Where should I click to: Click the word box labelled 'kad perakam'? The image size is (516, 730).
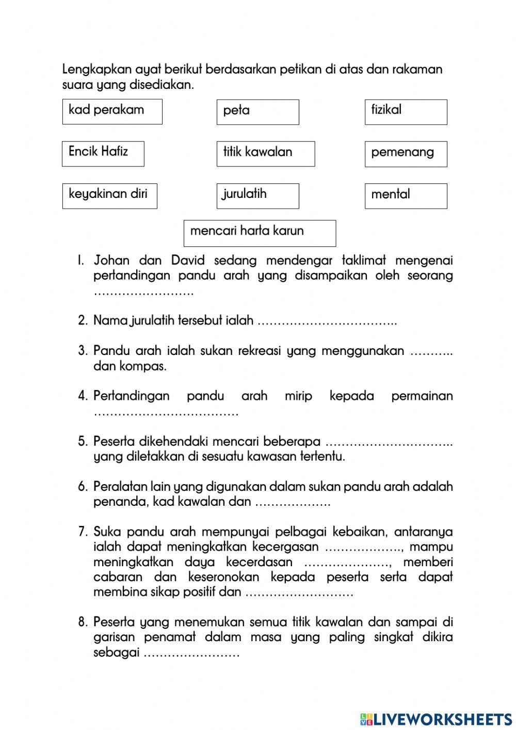point(112,112)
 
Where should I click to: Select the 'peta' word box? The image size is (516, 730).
point(257,112)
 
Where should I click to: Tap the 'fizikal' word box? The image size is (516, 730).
point(406,112)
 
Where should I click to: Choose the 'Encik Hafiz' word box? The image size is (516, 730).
point(103,153)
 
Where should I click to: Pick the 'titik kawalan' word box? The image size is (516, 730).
point(265,154)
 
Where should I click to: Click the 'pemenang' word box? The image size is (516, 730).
point(406,154)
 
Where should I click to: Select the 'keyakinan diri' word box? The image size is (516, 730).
point(109,196)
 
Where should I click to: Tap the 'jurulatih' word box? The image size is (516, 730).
point(257,196)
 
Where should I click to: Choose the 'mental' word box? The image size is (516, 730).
point(406,196)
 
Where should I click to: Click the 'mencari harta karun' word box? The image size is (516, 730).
point(260,233)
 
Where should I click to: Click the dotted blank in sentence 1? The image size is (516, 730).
point(143,292)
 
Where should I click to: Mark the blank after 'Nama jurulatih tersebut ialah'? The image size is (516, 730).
point(327,321)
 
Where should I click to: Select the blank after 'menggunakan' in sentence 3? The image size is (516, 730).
point(431,352)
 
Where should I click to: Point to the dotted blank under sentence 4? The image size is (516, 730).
point(166,413)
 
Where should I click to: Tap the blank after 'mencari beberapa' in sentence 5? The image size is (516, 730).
point(389,443)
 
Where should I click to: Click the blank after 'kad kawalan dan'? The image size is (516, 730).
point(293,503)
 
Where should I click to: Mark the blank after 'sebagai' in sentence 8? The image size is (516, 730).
point(191,654)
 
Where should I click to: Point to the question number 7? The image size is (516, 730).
point(83,532)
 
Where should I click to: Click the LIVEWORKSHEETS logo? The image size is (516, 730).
point(436,719)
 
